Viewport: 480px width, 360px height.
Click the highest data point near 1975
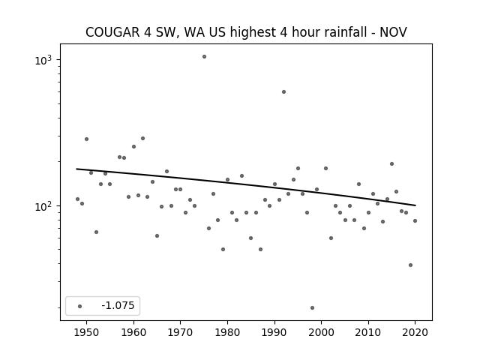[204, 57]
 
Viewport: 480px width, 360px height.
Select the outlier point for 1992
[283, 91]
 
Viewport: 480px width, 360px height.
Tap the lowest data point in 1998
[312, 308]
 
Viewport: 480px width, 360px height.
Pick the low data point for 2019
[410, 265]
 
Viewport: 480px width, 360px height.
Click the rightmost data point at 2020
[415, 220]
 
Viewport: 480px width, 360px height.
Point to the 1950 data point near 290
[87, 139]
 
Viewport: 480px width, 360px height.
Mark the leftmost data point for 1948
[77, 199]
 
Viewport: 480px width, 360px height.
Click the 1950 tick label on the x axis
[87, 332]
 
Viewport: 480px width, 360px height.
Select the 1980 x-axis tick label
[227, 332]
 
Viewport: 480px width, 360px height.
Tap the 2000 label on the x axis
[322, 332]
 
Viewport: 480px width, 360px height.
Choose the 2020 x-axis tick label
[415, 332]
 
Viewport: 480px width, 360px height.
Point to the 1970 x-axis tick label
[180, 332]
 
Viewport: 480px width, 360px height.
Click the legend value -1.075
[118, 305]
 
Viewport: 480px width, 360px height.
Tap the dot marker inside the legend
[80, 306]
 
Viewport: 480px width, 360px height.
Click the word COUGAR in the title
[112, 32]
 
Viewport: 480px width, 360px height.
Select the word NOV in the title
[393, 32]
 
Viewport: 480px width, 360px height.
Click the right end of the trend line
[415, 205]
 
